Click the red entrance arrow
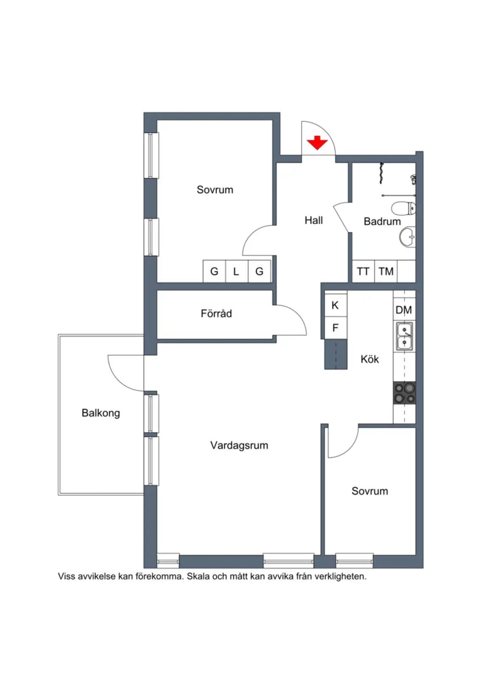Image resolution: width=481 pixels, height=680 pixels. click(317, 143)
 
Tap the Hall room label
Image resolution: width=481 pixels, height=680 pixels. click(314, 220)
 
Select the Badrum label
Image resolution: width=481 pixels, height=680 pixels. click(382, 221)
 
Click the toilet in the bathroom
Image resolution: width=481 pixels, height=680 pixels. click(403, 209)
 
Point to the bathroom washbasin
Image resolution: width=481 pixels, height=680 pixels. click(407, 237)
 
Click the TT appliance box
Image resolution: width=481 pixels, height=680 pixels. click(363, 272)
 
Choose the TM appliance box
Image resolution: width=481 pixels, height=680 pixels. click(386, 272)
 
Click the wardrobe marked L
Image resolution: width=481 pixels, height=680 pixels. click(237, 272)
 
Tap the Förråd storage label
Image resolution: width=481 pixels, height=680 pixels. click(216, 314)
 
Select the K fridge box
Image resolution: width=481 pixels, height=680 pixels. click(336, 305)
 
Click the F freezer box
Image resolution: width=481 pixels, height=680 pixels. click(336, 328)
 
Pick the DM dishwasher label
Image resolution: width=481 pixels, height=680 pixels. click(404, 310)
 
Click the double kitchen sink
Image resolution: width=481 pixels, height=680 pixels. click(404, 336)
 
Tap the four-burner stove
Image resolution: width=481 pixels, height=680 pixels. click(405, 393)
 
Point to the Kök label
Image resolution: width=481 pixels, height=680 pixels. click(370, 359)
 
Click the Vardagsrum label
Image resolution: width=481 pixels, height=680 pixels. click(239, 445)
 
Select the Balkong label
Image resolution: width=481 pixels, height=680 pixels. click(101, 413)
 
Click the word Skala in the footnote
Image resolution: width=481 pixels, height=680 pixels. click(198, 576)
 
